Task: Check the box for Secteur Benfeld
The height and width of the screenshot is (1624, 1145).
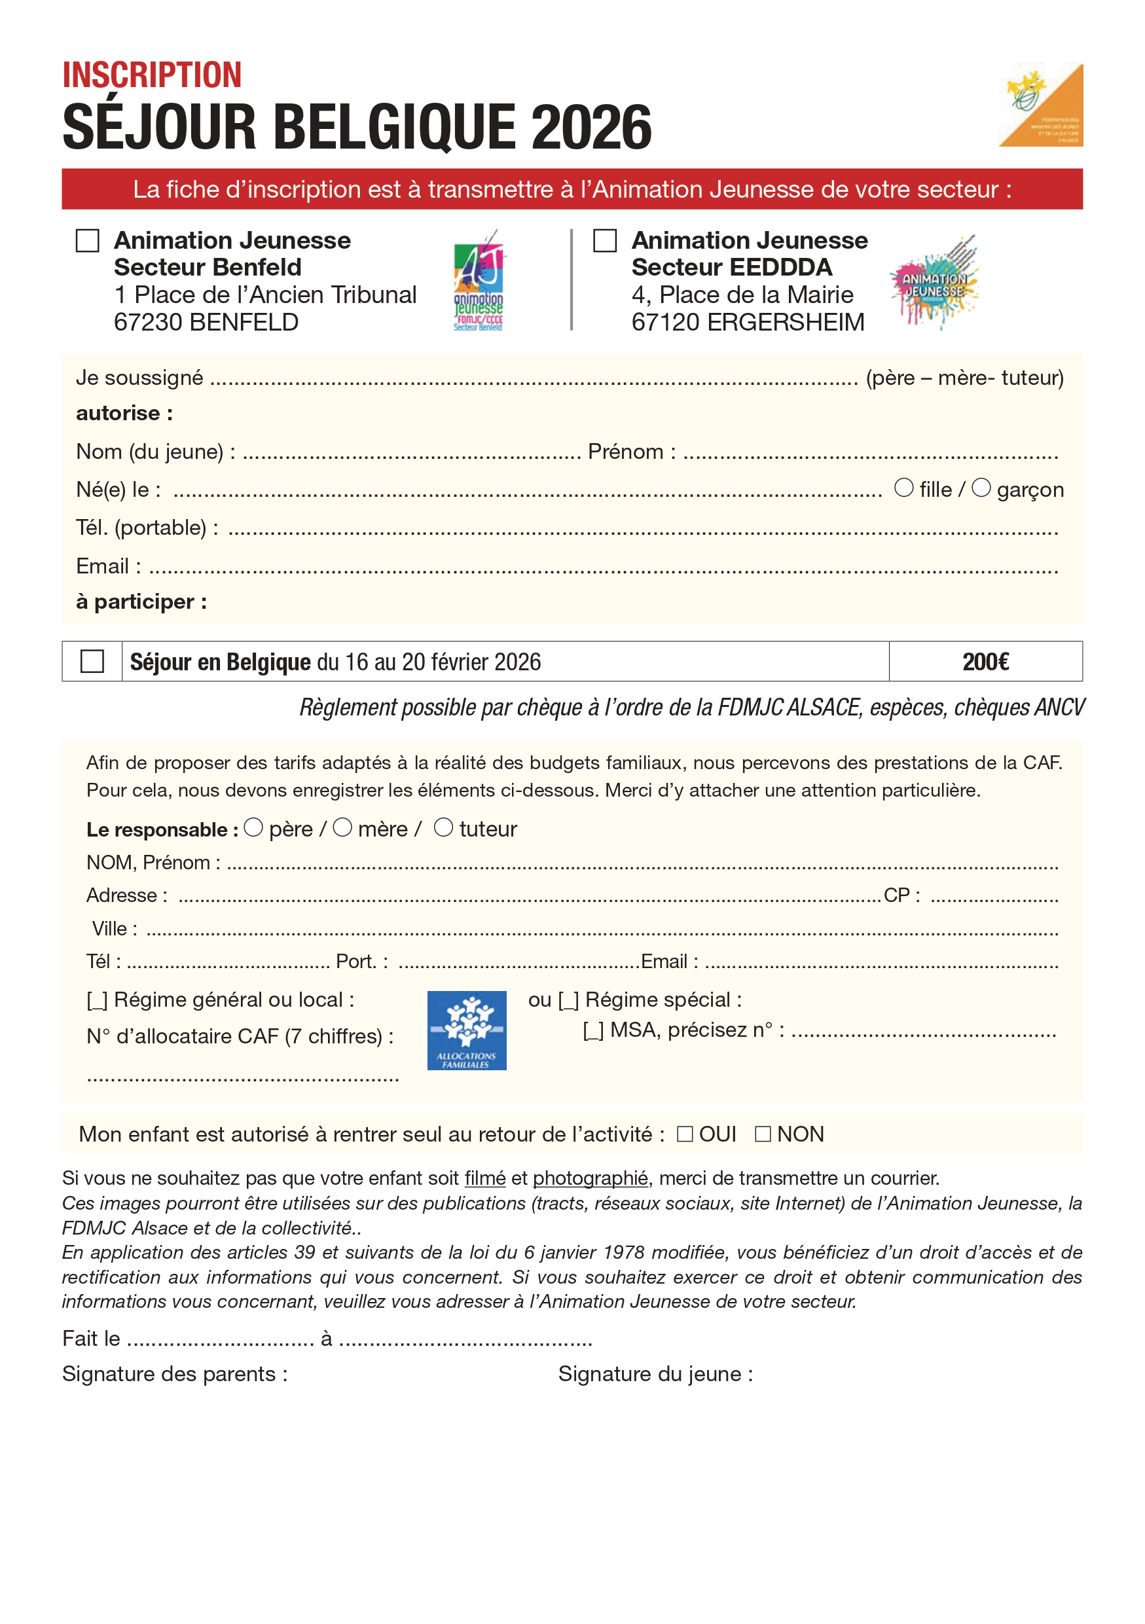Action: point(87,240)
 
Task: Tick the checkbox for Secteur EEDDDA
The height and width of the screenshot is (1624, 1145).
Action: point(605,240)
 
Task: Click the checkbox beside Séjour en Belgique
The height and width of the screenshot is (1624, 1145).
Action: point(92,661)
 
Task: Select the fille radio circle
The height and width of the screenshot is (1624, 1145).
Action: point(904,488)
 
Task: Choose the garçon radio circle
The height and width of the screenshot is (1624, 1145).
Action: point(981,488)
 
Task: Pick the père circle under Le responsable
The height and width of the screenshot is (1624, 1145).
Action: point(253,827)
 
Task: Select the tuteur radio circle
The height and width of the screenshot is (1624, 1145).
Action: point(443,827)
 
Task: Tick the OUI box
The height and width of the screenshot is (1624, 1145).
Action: point(685,1134)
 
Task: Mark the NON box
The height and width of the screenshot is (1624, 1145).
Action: point(763,1134)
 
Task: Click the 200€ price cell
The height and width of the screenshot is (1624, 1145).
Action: point(985,661)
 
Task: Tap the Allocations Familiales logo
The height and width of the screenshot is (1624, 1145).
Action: point(467,1030)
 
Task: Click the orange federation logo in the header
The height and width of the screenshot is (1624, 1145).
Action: point(1041,105)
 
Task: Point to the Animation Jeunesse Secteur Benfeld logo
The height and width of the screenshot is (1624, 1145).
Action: point(479,280)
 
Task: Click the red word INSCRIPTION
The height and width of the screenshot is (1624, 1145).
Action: point(152,75)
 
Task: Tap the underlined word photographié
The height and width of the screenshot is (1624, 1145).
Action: point(590,1178)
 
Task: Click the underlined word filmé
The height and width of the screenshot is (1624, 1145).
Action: point(484,1178)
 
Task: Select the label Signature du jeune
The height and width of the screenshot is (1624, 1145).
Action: point(655,1373)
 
